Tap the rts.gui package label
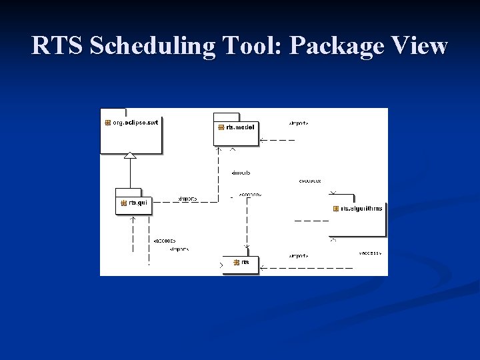(137, 203)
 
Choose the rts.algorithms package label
(362, 209)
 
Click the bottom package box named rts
(241, 265)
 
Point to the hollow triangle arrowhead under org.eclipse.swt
(130, 155)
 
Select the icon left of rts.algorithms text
(336, 209)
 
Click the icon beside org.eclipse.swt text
(107, 123)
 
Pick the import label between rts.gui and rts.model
(187, 198)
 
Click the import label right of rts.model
(298, 123)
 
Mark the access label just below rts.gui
(164, 240)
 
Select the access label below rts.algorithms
(370, 253)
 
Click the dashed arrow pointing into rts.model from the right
(277, 140)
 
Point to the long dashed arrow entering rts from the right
(307, 267)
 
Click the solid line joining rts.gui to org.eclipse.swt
(130, 173)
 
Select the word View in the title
(420, 46)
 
